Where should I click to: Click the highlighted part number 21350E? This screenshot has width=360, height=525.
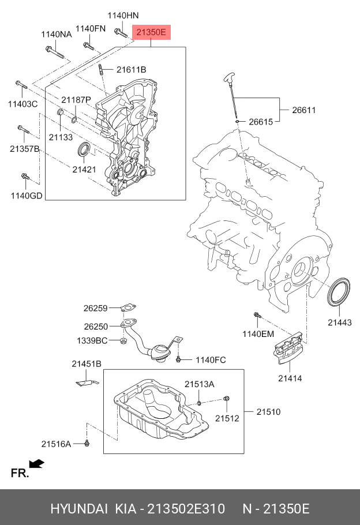point(151,33)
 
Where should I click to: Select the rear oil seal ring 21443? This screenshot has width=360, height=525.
point(339,292)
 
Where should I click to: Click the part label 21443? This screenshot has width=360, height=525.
point(340,322)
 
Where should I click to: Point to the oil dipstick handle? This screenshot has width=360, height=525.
point(230,78)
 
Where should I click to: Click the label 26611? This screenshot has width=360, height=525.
point(303,110)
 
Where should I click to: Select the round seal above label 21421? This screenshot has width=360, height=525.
point(84,149)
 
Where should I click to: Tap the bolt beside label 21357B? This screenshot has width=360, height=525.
point(23,132)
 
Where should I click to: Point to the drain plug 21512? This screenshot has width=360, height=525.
point(226,399)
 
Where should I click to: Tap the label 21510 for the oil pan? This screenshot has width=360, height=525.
point(268,412)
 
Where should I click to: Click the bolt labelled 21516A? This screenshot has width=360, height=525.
point(87,442)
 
